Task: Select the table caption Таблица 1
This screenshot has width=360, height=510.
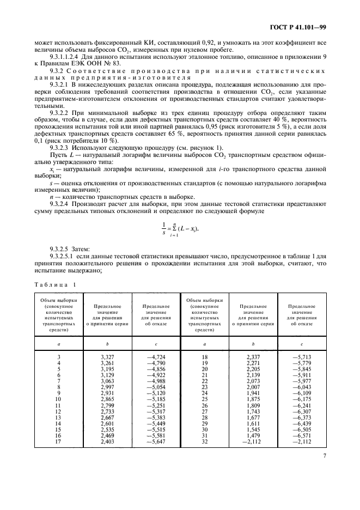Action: [56, 284]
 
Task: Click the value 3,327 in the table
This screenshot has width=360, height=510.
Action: [108, 357]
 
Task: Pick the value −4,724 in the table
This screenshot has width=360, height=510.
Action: [155, 357]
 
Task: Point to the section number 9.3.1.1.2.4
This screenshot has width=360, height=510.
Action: [66, 56]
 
